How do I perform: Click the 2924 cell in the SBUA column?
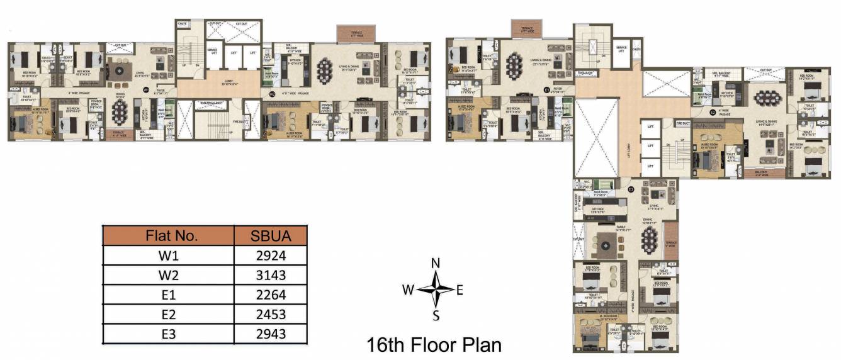coord(271,256)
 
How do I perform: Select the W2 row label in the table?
coord(168,275)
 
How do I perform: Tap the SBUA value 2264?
coord(271,295)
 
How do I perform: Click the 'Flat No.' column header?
coord(168,236)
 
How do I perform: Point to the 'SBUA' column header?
coord(271,236)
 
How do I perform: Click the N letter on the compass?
coord(435,264)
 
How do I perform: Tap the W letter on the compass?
coord(408,290)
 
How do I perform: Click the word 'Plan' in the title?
coord(478,345)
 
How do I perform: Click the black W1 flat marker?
coord(145,90)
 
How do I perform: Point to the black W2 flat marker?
coord(272,94)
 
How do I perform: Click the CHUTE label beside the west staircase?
coord(183,24)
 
